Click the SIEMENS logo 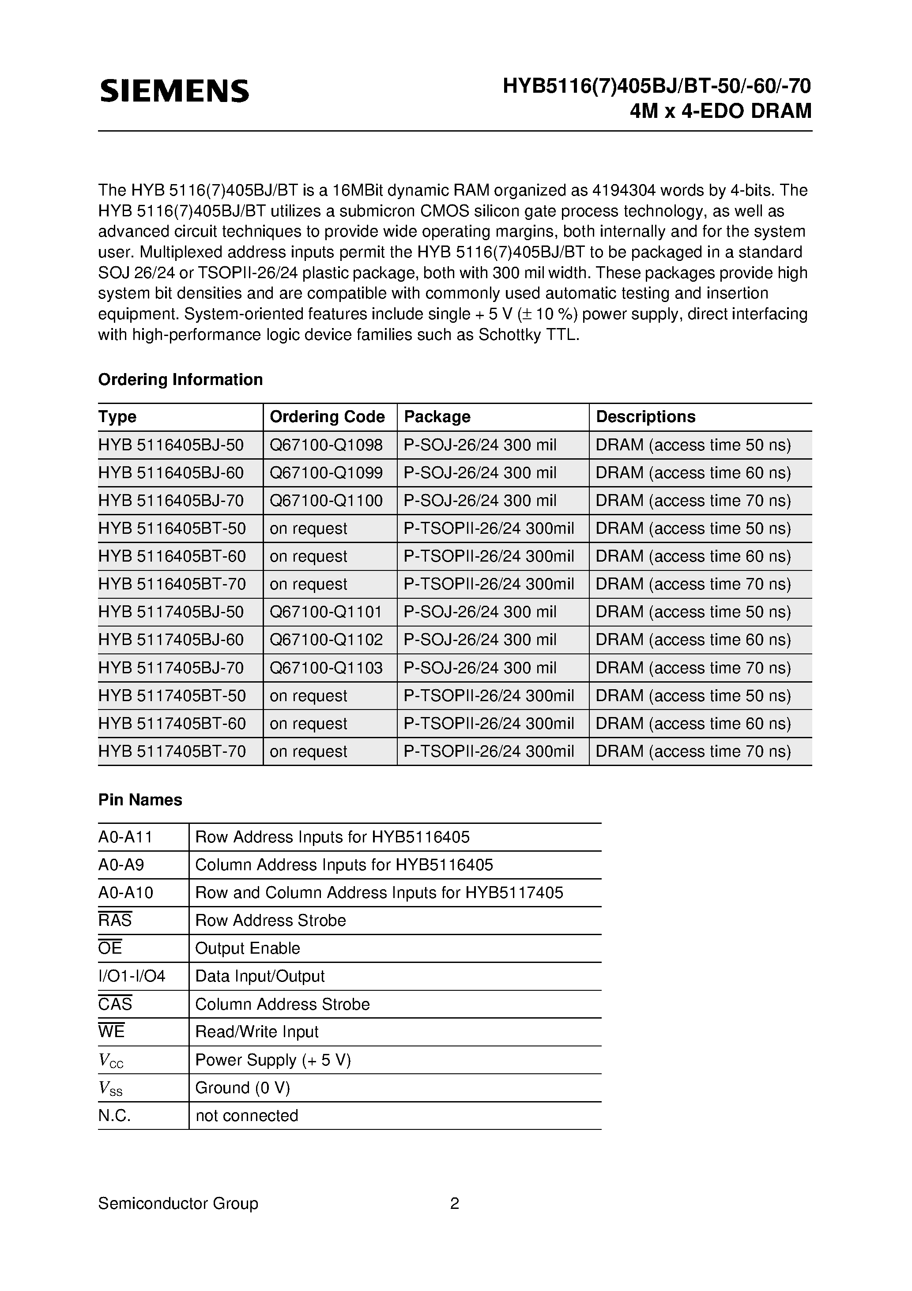click(x=174, y=91)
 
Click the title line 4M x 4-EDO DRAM click(x=720, y=111)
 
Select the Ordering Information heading click(x=180, y=380)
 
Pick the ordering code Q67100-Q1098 click(x=326, y=445)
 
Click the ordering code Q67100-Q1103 click(x=326, y=668)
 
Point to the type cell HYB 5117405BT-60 click(x=172, y=724)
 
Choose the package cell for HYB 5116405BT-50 click(x=489, y=528)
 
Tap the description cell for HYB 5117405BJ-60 click(x=693, y=640)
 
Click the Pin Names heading click(x=140, y=800)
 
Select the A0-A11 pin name click(x=125, y=837)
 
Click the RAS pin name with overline click(x=115, y=921)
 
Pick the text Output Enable click(x=247, y=948)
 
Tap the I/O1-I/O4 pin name click(x=132, y=976)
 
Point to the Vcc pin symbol click(x=111, y=1061)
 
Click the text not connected click(x=246, y=1116)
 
